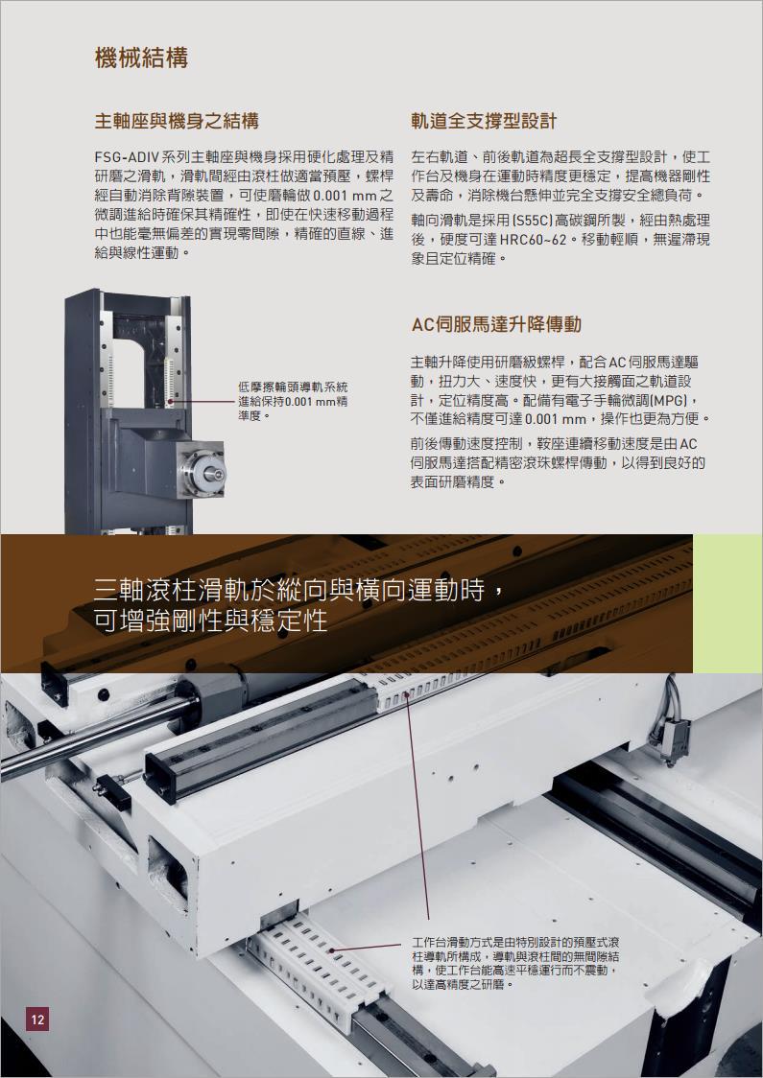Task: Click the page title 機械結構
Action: pyautogui.click(x=141, y=58)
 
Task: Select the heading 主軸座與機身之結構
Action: pyautogui.click(x=177, y=122)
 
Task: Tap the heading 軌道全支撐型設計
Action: pyautogui.click(x=484, y=122)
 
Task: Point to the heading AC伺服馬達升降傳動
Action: pyautogui.click(x=496, y=324)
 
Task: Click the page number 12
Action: pyautogui.click(x=37, y=1019)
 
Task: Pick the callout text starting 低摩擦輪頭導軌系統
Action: pyautogui.click(x=293, y=402)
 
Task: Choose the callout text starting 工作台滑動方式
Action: pyautogui.click(x=515, y=963)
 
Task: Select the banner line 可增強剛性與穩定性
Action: pyautogui.click(x=210, y=621)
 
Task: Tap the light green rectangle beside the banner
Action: pyautogui.click(x=727, y=603)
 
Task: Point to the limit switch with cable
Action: pyautogui.click(x=670, y=736)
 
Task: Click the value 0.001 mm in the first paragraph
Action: pyautogui.click(x=342, y=196)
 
